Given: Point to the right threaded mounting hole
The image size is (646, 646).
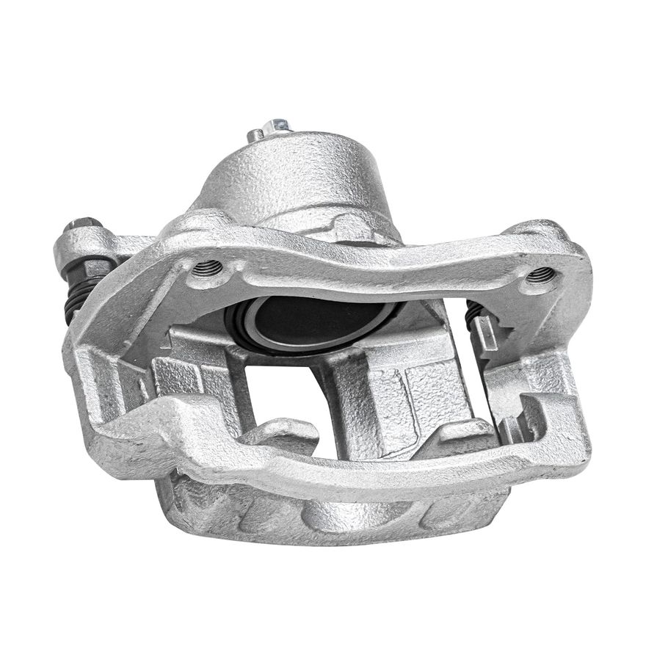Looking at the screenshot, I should (x=540, y=276).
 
